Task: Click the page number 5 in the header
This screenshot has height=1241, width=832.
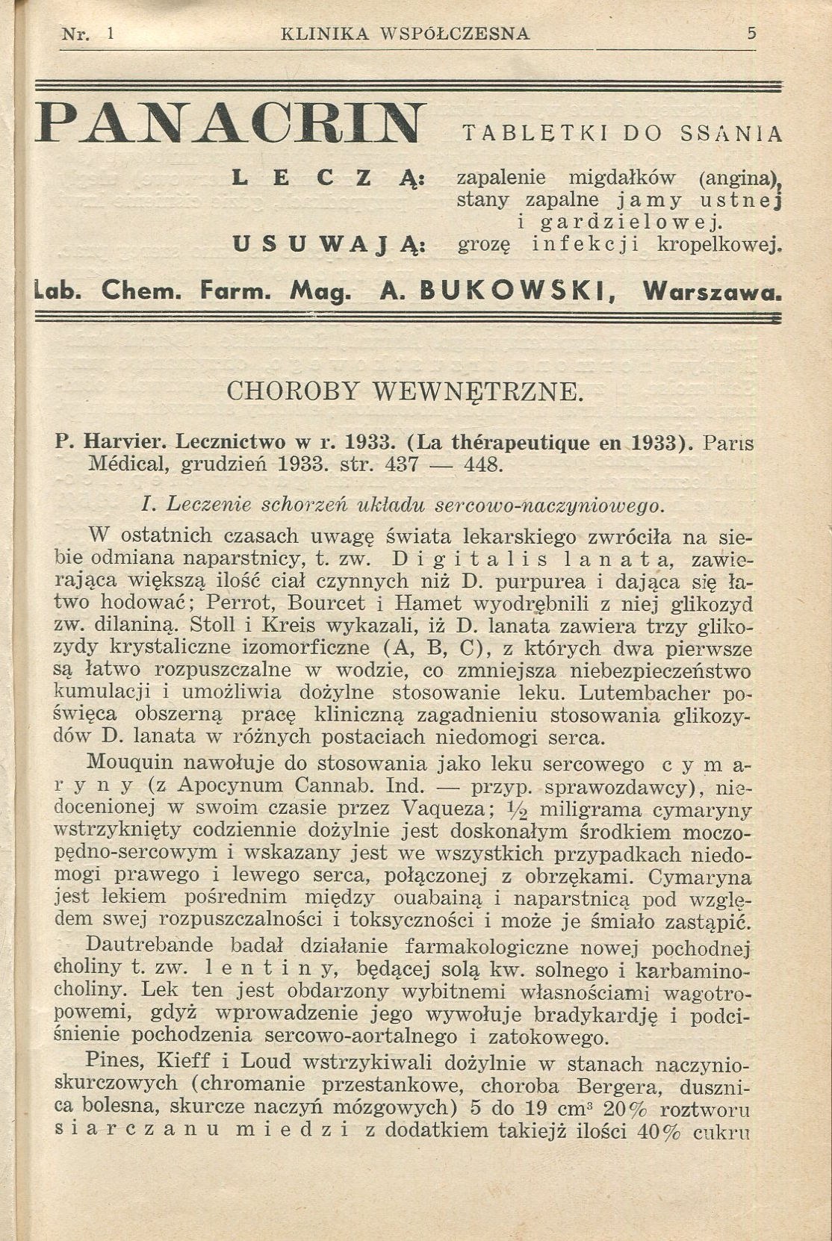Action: [x=751, y=34]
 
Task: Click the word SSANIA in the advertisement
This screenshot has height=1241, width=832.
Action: [x=731, y=134]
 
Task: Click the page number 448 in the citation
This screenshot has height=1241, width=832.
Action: [x=484, y=464]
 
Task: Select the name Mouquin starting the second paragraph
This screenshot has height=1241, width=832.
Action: [x=131, y=763]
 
